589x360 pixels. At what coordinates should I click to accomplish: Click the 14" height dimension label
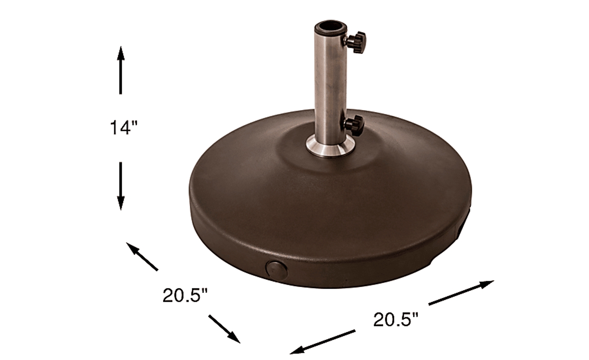[124, 128]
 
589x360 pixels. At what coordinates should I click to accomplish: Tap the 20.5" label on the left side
[185, 295]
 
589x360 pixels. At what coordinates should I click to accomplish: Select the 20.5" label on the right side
[396, 320]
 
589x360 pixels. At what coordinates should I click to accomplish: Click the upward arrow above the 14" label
[121, 70]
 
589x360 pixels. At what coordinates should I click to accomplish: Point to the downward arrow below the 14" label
[121, 186]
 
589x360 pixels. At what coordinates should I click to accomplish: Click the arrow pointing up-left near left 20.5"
[142, 256]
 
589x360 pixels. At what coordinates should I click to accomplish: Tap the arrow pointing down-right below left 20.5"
[224, 329]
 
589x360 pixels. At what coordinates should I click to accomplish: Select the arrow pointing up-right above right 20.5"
[461, 293]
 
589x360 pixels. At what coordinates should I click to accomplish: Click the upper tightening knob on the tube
[355, 42]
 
